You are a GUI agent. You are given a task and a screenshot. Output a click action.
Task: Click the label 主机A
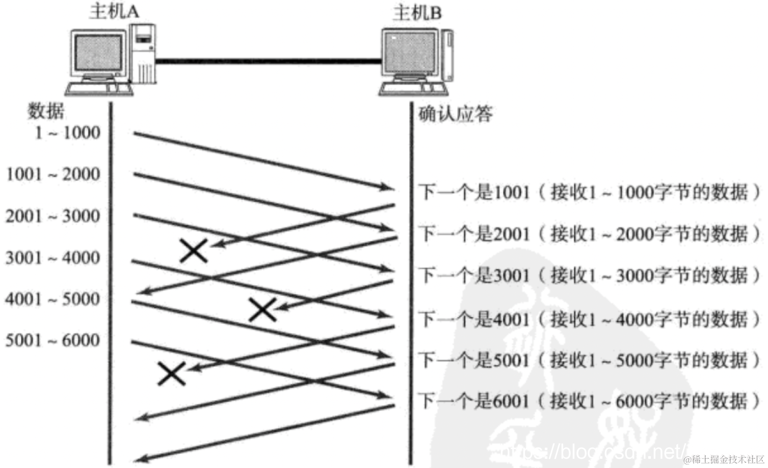[114, 11]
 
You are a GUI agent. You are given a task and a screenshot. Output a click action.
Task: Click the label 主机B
[417, 12]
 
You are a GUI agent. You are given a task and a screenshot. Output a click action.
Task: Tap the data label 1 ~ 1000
[67, 132]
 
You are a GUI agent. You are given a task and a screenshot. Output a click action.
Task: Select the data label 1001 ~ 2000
[53, 174]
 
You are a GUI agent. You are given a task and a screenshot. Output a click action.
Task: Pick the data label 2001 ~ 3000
[53, 216]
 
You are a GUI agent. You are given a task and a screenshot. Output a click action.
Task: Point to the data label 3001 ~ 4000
[53, 258]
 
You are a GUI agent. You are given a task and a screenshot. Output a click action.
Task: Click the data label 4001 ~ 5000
[53, 299]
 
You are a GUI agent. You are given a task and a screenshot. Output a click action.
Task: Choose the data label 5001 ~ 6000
[53, 340]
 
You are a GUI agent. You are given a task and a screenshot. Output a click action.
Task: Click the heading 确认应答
[456, 114]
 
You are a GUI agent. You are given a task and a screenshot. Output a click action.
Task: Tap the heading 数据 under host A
[46, 111]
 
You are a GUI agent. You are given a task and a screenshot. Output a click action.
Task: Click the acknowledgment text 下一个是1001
[474, 192]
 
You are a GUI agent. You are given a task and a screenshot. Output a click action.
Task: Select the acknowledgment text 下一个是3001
[474, 276]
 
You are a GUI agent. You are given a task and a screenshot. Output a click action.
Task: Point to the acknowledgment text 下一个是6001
[474, 401]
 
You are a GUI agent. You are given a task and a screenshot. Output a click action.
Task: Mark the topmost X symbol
[194, 251]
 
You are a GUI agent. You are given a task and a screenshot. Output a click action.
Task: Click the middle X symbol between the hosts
[262, 310]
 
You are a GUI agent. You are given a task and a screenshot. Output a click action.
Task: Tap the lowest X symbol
[171, 373]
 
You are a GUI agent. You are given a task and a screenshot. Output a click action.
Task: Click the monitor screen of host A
[98, 53]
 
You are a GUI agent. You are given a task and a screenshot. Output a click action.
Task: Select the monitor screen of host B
[410, 52]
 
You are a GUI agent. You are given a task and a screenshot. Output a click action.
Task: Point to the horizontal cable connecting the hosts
[269, 62]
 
